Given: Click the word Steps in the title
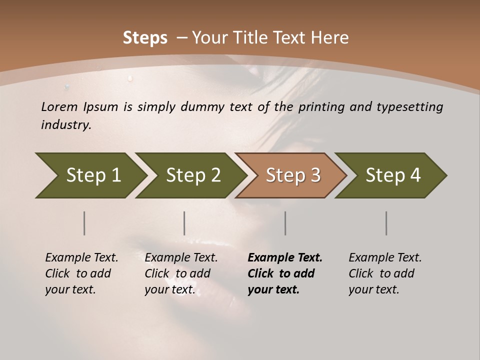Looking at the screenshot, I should click(x=145, y=38).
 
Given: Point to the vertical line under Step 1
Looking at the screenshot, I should click(x=84, y=223).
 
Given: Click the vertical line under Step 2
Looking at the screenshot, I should click(x=184, y=223).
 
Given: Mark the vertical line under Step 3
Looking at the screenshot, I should click(x=285, y=223).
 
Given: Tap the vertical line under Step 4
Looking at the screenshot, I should click(x=386, y=223).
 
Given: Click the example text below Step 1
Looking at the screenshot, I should click(x=81, y=273).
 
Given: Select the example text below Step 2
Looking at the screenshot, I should click(x=181, y=273).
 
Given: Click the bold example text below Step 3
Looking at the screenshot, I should click(x=285, y=273).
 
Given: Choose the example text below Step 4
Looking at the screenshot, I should click(x=385, y=273).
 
